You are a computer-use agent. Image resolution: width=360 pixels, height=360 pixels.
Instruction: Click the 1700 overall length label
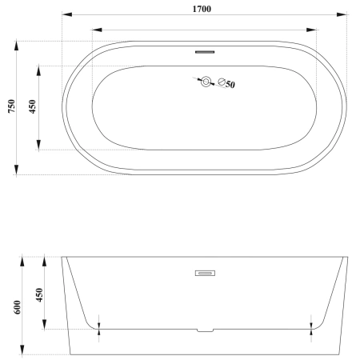(202, 9)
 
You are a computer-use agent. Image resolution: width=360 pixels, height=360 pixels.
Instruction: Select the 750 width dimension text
(12, 106)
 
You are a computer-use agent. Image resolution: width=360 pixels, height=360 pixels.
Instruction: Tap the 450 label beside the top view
(32, 106)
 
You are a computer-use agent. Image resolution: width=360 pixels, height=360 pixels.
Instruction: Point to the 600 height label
(17, 307)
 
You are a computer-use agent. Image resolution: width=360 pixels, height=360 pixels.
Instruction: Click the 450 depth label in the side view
(39, 295)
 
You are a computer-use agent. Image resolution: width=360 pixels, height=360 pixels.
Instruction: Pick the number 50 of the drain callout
(230, 85)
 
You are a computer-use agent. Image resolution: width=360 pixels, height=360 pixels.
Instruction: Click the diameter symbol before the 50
(222, 82)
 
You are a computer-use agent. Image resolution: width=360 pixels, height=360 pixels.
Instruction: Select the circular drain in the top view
(206, 82)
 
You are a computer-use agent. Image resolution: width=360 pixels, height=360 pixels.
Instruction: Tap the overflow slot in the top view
(205, 52)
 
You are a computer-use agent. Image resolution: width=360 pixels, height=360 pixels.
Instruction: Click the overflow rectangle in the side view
(205, 273)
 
